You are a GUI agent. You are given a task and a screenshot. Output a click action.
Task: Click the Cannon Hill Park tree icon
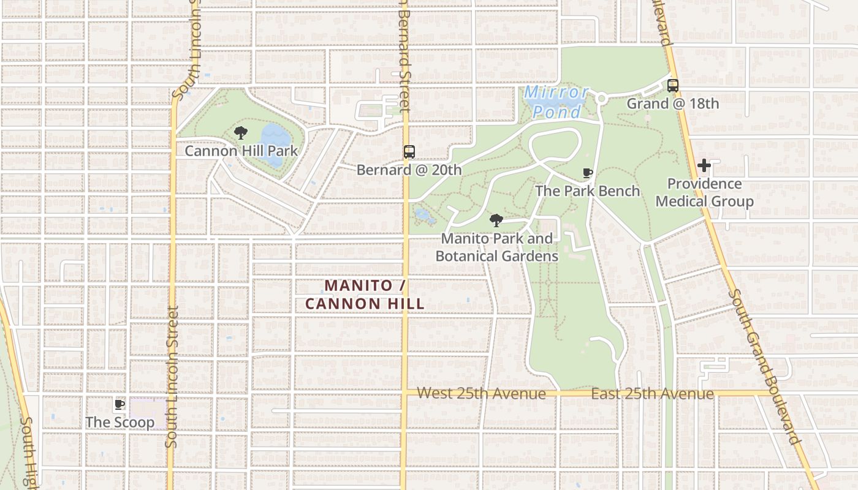pos(241,133)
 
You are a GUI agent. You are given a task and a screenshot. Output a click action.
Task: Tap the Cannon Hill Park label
pos(241,151)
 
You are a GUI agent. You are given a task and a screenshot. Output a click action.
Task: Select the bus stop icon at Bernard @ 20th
pos(409,152)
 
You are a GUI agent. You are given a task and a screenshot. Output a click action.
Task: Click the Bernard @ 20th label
pos(409,170)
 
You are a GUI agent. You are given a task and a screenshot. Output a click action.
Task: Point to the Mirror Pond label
pos(556,102)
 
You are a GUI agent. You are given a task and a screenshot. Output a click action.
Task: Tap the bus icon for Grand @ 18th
pos(672,86)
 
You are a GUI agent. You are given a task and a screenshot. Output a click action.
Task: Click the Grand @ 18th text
pos(672,104)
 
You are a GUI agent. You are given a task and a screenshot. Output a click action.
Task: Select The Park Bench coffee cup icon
pos(587,173)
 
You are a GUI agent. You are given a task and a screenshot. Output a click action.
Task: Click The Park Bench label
pos(587,191)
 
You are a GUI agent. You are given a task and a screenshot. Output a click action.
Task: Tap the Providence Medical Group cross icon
pos(704,165)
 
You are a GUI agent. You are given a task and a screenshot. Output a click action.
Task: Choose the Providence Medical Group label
pos(704,192)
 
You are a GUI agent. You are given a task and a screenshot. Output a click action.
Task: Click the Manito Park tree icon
pos(496,221)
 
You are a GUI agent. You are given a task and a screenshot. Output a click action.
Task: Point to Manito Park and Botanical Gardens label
pos(496,247)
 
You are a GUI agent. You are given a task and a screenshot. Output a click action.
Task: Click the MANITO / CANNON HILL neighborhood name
pos(365,294)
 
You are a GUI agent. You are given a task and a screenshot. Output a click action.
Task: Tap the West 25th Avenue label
pos(481,393)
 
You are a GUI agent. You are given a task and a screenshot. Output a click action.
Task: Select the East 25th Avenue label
pos(652,393)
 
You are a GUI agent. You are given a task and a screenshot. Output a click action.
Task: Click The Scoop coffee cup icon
pos(120,404)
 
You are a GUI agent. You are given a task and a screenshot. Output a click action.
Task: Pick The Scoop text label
pos(120,422)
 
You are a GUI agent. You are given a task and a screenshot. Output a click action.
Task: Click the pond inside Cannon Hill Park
pos(271,145)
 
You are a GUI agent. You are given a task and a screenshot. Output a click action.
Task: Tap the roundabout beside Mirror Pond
pos(601,99)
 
